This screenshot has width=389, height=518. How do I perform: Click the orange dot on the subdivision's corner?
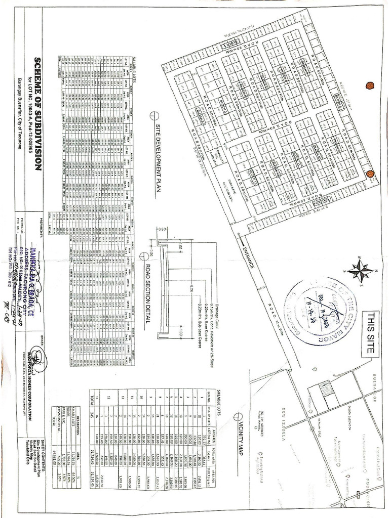[x=370, y=174]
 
